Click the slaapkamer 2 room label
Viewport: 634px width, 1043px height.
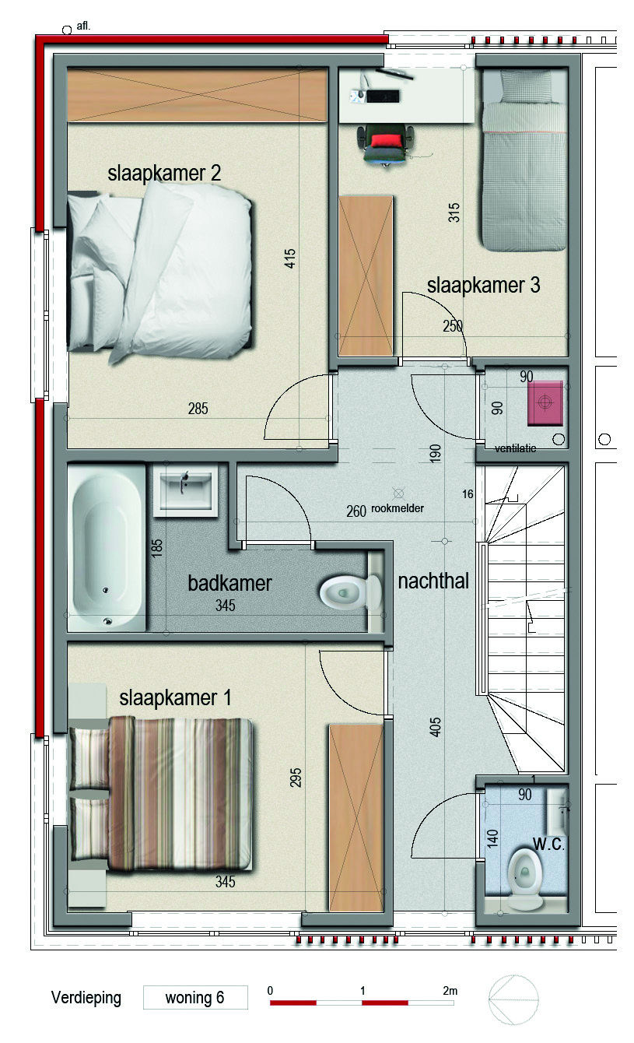pyautogui.click(x=164, y=174)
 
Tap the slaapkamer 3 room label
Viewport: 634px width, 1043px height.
pyautogui.click(x=483, y=286)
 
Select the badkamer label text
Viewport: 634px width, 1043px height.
pyautogui.click(x=229, y=583)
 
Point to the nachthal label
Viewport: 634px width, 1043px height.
pyautogui.click(x=433, y=581)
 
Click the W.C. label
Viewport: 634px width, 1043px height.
pyautogui.click(x=548, y=844)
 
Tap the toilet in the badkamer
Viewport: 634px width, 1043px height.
pyautogui.click(x=351, y=593)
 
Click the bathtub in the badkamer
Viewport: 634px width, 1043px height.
pyautogui.click(x=107, y=548)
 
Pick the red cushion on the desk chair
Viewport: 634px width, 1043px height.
pyautogui.click(x=385, y=141)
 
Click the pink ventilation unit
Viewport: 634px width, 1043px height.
pyautogui.click(x=545, y=402)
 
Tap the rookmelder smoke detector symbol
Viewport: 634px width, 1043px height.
pyautogui.click(x=398, y=493)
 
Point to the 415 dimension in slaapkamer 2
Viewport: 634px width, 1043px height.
pyautogui.click(x=289, y=258)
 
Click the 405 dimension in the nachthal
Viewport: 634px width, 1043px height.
pyautogui.click(x=435, y=727)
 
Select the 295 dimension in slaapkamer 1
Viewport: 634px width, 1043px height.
pyautogui.click(x=296, y=778)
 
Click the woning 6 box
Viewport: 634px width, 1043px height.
pyautogui.click(x=195, y=997)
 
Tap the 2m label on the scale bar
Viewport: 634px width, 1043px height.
pyautogui.click(x=450, y=990)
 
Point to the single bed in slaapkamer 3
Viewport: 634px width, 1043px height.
pyautogui.click(x=524, y=160)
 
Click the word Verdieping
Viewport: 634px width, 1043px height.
pyautogui.click(x=86, y=997)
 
